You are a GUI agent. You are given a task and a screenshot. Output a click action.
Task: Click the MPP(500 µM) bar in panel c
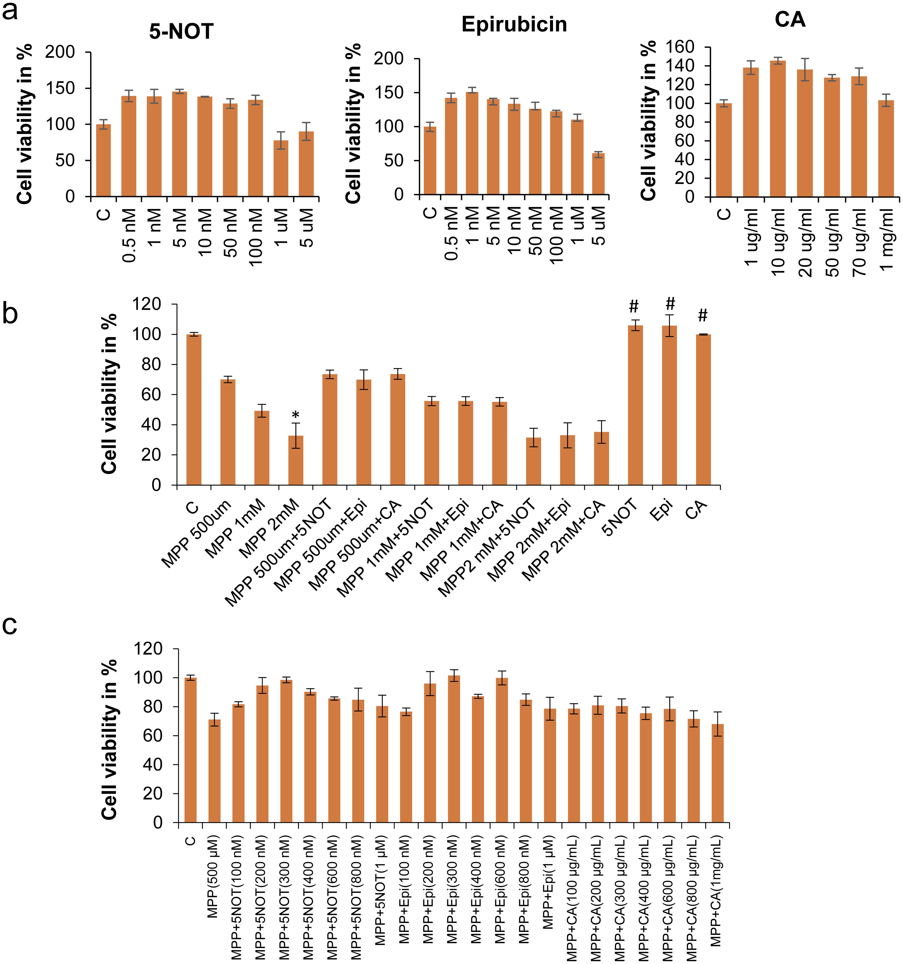coord(214,771)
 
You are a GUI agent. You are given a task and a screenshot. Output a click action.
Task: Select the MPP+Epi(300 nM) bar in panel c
coord(454,749)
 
